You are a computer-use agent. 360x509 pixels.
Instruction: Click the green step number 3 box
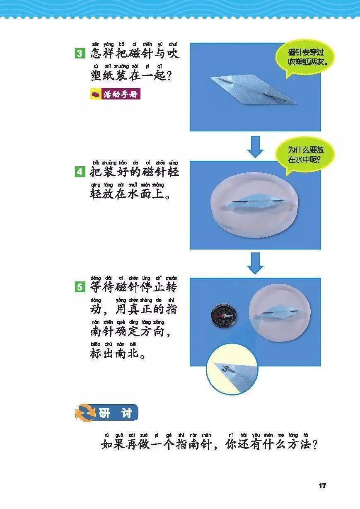(80, 53)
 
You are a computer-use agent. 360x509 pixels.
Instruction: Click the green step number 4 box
(80, 172)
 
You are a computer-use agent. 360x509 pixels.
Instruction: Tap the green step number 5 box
(80, 287)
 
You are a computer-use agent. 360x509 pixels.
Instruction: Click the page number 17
(322, 485)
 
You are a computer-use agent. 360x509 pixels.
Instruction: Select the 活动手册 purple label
(116, 94)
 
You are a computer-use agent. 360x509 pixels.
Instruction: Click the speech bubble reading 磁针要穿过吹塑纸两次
(305, 58)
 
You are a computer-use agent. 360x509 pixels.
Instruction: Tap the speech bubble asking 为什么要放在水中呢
(305, 156)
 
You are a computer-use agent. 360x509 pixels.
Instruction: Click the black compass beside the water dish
(223, 316)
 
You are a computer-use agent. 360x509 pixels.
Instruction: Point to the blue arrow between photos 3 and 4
(255, 147)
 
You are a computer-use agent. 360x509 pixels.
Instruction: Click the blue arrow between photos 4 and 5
(255, 263)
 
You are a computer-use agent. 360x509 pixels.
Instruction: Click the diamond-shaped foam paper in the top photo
(254, 89)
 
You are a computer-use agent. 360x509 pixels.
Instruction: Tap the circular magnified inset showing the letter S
(232, 369)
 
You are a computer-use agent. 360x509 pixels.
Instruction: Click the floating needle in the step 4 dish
(258, 201)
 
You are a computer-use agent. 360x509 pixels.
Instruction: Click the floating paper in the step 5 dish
(275, 313)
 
